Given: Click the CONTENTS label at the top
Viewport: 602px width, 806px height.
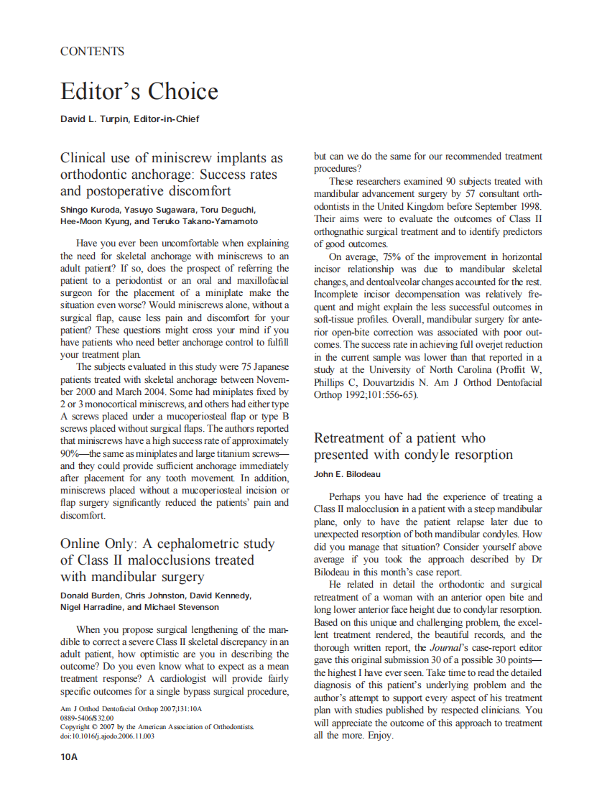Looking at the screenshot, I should pos(92,52).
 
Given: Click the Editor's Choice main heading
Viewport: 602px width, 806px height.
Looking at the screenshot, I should pos(139,92).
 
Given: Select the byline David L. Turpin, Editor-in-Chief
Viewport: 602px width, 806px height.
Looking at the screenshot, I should pos(129,119).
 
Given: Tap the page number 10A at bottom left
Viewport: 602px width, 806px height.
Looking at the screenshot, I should pos(69,756).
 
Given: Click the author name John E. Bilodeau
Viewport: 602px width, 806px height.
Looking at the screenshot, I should pos(347,474).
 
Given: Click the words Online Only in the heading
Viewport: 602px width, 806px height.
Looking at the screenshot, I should pos(104,544).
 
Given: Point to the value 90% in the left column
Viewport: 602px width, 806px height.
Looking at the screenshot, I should pos(73,453).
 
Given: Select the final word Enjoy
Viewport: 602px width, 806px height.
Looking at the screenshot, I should pos(381,736).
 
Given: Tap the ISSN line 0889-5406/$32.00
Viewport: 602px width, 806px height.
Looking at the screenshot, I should pos(87,718).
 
